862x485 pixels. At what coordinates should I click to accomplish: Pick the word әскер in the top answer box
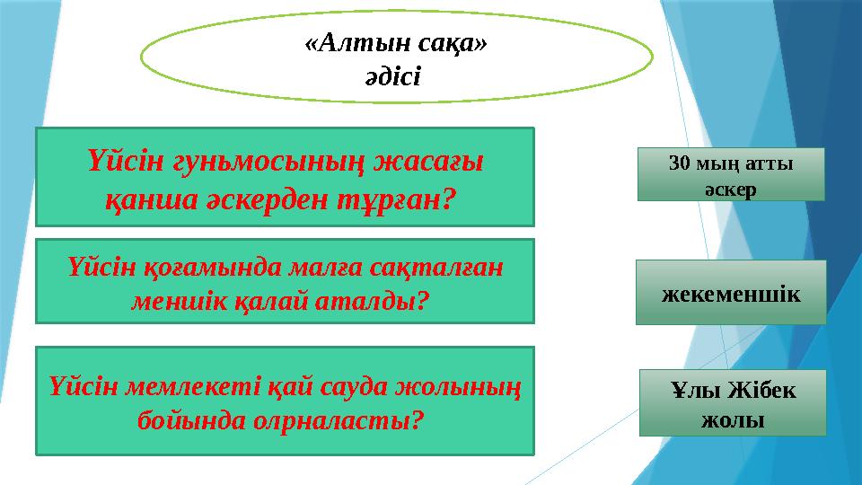point(731,190)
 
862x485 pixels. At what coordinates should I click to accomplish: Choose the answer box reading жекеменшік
point(731,293)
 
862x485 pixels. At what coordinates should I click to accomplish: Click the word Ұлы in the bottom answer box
point(692,392)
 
